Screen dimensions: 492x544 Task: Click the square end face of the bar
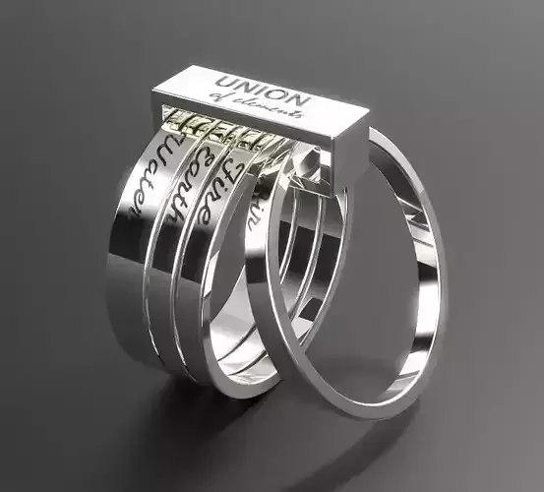point(350,148)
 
